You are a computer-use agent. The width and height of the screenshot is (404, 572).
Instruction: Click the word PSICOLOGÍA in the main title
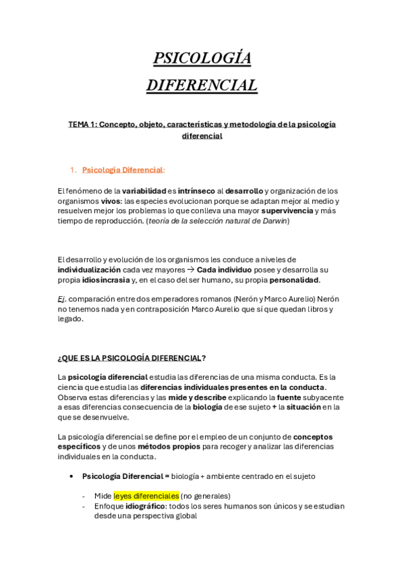(202, 59)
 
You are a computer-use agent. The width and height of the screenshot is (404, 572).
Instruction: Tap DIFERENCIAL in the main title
(202, 86)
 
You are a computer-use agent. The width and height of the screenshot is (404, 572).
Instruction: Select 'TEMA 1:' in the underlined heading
(82, 125)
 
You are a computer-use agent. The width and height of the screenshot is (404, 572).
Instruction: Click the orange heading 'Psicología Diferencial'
(122, 170)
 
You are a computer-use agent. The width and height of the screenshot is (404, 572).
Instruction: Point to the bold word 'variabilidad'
(144, 191)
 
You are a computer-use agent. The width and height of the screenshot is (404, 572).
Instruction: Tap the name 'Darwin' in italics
(275, 221)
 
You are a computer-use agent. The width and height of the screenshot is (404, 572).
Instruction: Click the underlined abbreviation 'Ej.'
(62, 299)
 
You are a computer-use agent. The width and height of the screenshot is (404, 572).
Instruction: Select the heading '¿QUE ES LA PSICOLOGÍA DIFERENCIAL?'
(132, 357)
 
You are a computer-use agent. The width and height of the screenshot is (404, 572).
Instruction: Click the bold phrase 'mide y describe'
(196, 397)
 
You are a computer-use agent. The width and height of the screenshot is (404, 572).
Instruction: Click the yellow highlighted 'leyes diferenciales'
(146, 496)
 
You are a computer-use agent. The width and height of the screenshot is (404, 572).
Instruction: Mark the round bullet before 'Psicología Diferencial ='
(71, 476)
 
